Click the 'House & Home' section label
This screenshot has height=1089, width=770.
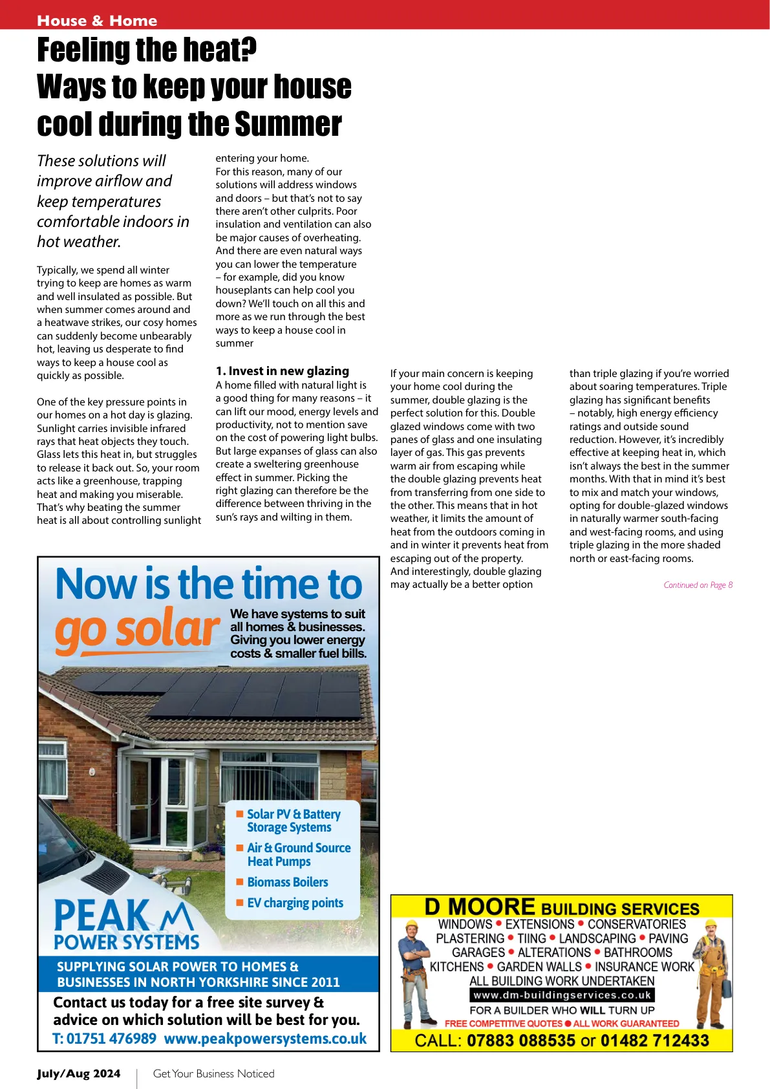pyautogui.click(x=97, y=21)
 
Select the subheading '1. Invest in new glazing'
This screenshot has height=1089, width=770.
pyautogui.click(x=282, y=371)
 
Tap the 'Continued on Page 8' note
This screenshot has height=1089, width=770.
pyautogui.click(x=698, y=585)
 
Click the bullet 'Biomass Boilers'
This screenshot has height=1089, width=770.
pyautogui.click(x=287, y=882)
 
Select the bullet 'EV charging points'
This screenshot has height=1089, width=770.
pyautogui.click(x=295, y=903)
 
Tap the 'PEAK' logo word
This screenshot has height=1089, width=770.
pyautogui.click(x=102, y=915)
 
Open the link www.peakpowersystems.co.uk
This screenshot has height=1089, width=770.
pyautogui.click(x=265, y=1039)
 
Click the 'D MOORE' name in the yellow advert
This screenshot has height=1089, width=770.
pyautogui.click(x=479, y=907)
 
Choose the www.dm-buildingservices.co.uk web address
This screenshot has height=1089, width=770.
pyautogui.click(x=562, y=995)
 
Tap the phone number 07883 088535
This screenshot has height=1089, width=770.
pyautogui.click(x=520, y=1040)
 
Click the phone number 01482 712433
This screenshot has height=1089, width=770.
pyautogui.click(x=654, y=1040)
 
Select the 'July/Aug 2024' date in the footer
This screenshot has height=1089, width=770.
pyautogui.click(x=78, y=1073)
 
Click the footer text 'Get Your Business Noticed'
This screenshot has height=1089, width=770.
pyautogui.click(x=213, y=1073)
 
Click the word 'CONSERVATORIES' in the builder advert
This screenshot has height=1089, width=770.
pyautogui.click(x=636, y=924)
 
